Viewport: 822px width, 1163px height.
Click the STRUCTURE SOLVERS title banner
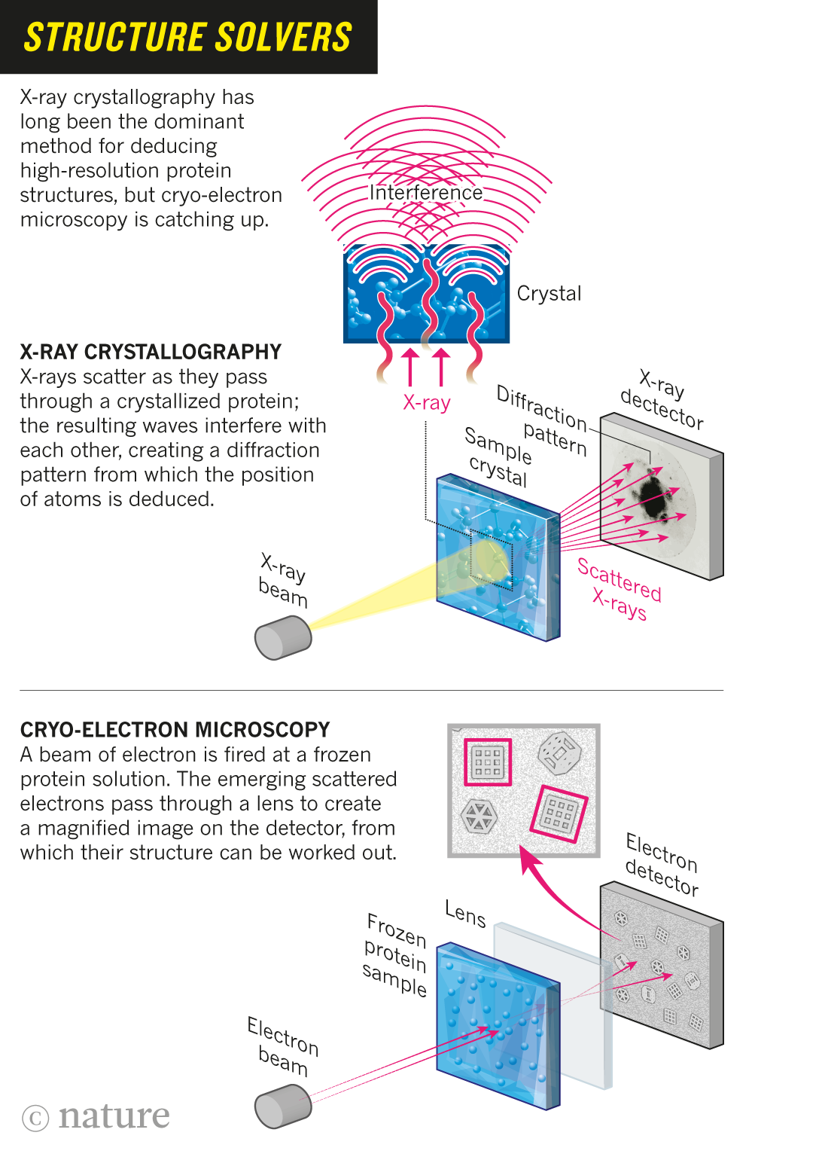[x=188, y=37]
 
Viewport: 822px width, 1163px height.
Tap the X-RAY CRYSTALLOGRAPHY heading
[x=151, y=352]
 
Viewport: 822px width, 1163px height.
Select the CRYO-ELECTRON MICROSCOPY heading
[x=175, y=730]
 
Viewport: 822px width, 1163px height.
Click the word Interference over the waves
[x=426, y=193]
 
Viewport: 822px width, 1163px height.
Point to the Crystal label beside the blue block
[x=549, y=294]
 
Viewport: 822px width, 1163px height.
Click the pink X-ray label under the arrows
[x=426, y=403]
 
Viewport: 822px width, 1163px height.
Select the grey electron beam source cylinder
[x=282, y=1106]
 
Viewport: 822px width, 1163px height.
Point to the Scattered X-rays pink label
[x=619, y=590]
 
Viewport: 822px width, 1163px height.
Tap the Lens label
[x=465, y=914]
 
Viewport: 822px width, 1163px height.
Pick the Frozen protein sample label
[x=395, y=954]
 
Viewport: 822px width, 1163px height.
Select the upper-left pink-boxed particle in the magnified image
[x=488, y=762]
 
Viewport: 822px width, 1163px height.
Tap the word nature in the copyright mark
[x=114, y=1116]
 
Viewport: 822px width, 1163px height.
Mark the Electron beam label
[x=283, y=1046]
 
